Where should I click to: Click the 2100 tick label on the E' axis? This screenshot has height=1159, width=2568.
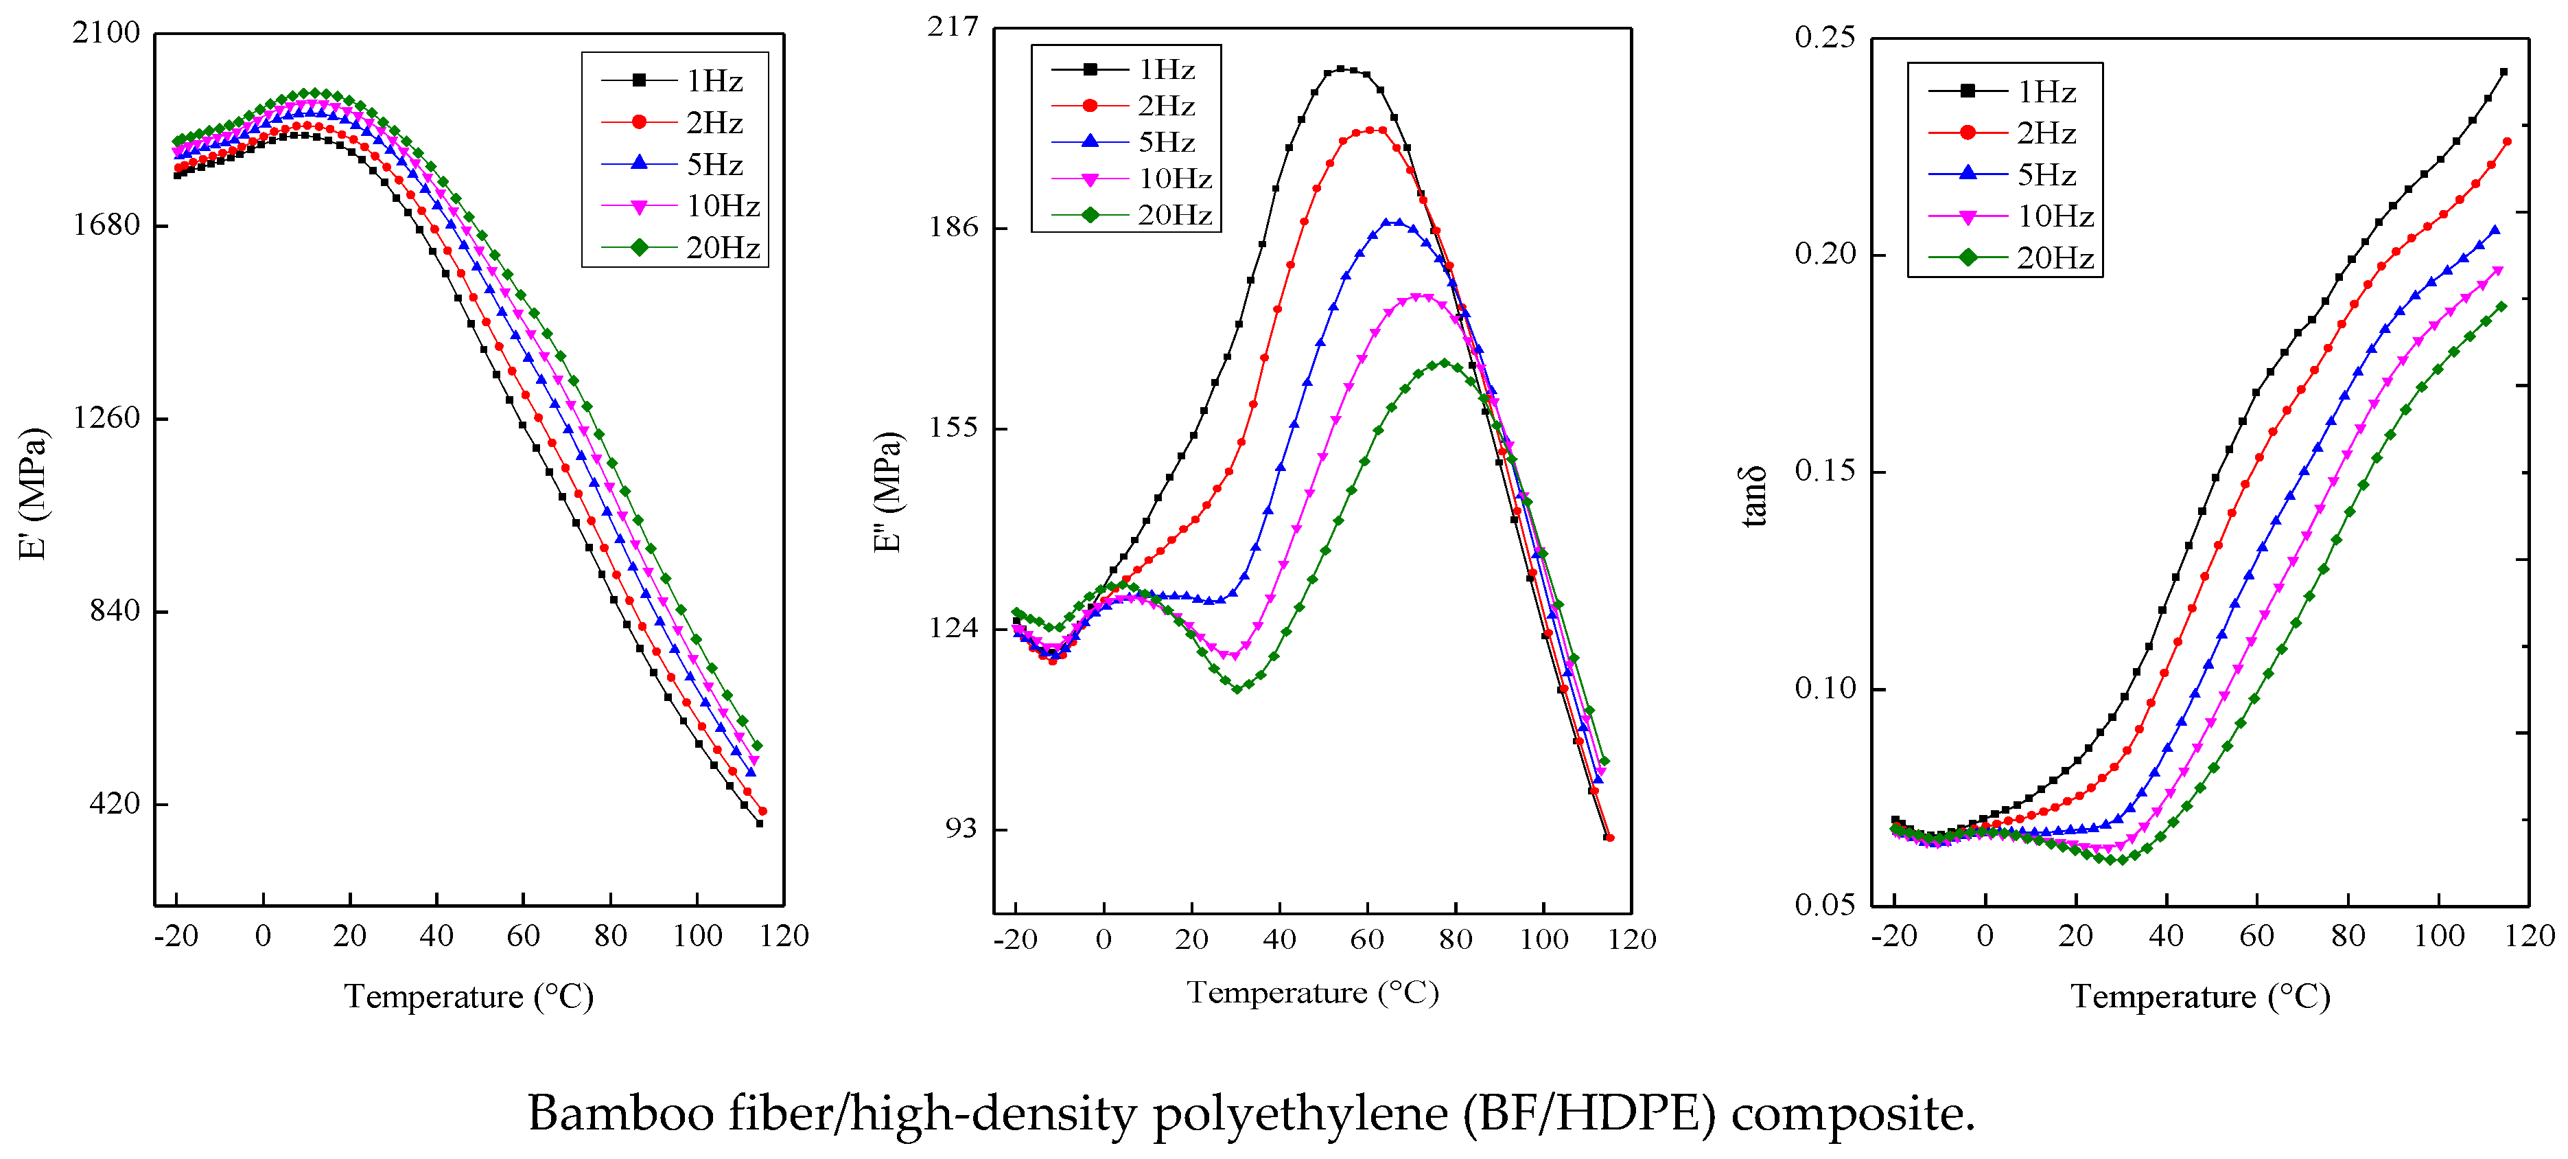click(x=106, y=33)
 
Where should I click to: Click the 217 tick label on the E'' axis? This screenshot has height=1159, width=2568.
click(x=953, y=27)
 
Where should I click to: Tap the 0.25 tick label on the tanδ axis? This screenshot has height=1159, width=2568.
click(x=1824, y=38)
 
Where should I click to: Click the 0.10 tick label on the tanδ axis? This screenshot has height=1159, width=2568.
click(x=1824, y=688)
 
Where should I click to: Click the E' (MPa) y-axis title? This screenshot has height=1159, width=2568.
click(x=33, y=494)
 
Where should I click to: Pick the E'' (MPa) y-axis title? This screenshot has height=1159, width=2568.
click(x=888, y=492)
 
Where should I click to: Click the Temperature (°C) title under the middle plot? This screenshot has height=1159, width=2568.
click(x=1312, y=992)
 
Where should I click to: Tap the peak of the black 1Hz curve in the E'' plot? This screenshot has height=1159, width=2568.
click(x=1341, y=69)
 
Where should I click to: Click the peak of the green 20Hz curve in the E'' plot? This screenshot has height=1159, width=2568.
click(x=1443, y=364)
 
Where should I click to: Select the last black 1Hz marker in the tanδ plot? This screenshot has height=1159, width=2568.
click(x=2503, y=72)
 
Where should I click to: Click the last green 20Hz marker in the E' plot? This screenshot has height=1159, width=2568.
click(x=758, y=745)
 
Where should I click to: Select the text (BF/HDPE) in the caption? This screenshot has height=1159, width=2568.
click(x=1589, y=1113)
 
